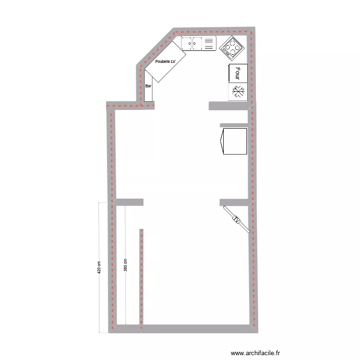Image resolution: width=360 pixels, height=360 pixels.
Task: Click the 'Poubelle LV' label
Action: (x=166, y=61)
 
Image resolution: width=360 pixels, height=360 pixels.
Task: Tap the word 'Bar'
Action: (x=148, y=85)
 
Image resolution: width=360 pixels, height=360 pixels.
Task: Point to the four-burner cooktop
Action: (x=232, y=47)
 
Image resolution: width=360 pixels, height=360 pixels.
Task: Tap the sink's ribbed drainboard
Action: (x=209, y=44)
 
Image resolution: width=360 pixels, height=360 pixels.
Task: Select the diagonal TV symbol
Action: (x=236, y=220)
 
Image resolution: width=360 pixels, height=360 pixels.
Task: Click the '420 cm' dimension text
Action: (x=99, y=267)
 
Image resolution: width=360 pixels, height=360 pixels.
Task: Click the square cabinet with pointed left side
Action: (x=234, y=142)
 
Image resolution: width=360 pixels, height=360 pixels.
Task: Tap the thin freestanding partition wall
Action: (x=142, y=278)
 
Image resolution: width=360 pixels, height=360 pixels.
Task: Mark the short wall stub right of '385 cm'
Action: (x=130, y=202)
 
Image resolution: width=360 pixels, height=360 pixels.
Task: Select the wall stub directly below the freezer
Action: (x=228, y=106)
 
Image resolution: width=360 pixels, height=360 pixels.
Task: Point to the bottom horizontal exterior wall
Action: (x=182, y=329)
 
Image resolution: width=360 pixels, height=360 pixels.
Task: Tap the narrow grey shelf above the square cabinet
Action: (x=234, y=125)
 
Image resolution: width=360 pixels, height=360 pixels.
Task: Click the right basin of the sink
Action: (x=197, y=44)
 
